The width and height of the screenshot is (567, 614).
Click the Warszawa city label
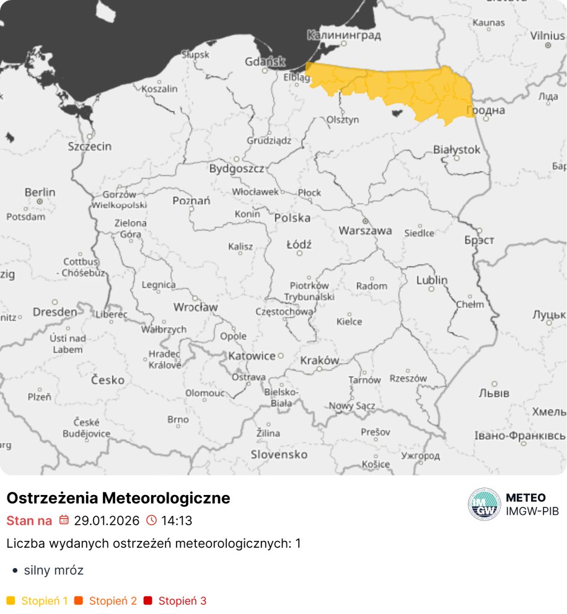pos(365,230)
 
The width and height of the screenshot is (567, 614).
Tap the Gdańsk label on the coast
pos(265,61)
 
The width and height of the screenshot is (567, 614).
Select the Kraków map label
pos(319,360)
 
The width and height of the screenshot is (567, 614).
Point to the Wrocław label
pos(195,307)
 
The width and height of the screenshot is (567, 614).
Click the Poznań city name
pos(191,200)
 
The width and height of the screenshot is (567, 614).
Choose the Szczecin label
pos(90,146)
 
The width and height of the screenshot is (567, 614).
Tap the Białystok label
pos(457,149)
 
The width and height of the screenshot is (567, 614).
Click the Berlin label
pos(40,193)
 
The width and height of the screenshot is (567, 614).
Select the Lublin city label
pos(431,280)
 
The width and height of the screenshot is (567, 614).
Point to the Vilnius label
pos(547,35)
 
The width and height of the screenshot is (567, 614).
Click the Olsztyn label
pos(343,119)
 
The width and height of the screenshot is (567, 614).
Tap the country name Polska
pos(292,217)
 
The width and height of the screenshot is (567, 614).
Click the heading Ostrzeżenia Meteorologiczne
pos(118,498)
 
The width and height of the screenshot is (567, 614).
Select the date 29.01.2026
pos(107,520)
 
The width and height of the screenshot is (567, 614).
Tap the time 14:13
pos(177,520)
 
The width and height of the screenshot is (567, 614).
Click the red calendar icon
pos(64,520)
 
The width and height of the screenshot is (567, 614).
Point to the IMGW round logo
pos(485,504)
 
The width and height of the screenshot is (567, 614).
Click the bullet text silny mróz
pos(53,570)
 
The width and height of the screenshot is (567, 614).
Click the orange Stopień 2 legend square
pos(79,600)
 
